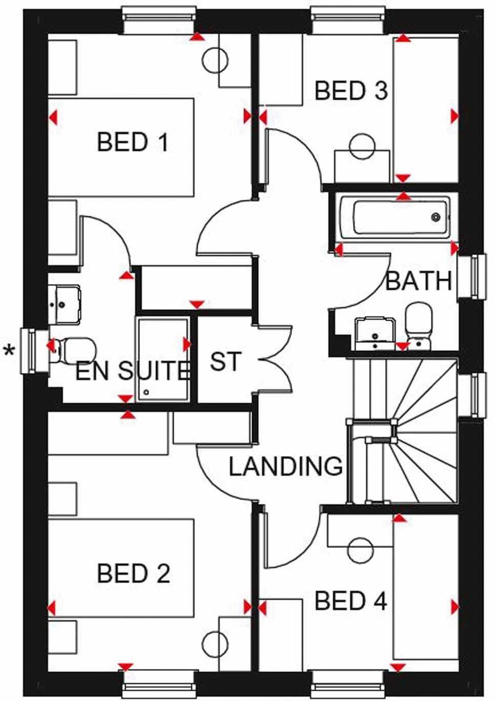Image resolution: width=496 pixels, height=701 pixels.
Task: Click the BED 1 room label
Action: click(x=133, y=142)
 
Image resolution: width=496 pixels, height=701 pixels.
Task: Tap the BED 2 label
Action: click(x=133, y=573)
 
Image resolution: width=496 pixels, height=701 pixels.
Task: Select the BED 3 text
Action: click(x=350, y=91)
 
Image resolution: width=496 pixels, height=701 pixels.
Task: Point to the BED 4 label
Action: click(x=350, y=601)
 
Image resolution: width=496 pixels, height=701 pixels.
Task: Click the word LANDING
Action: click(x=285, y=466)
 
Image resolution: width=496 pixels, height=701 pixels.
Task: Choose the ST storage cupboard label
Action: click(x=225, y=362)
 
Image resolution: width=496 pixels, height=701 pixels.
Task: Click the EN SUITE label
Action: click(x=132, y=371)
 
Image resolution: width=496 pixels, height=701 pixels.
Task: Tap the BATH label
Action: click(x=419, y=281)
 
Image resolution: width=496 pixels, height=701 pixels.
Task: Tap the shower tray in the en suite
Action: click(x=162, y=359)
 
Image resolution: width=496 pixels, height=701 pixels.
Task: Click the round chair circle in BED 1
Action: click(x=215, y=60)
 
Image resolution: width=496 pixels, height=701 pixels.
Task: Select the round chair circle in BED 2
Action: click(x=215, y=645)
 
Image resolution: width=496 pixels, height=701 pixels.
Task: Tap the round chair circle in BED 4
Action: click(x=360, y=550)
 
